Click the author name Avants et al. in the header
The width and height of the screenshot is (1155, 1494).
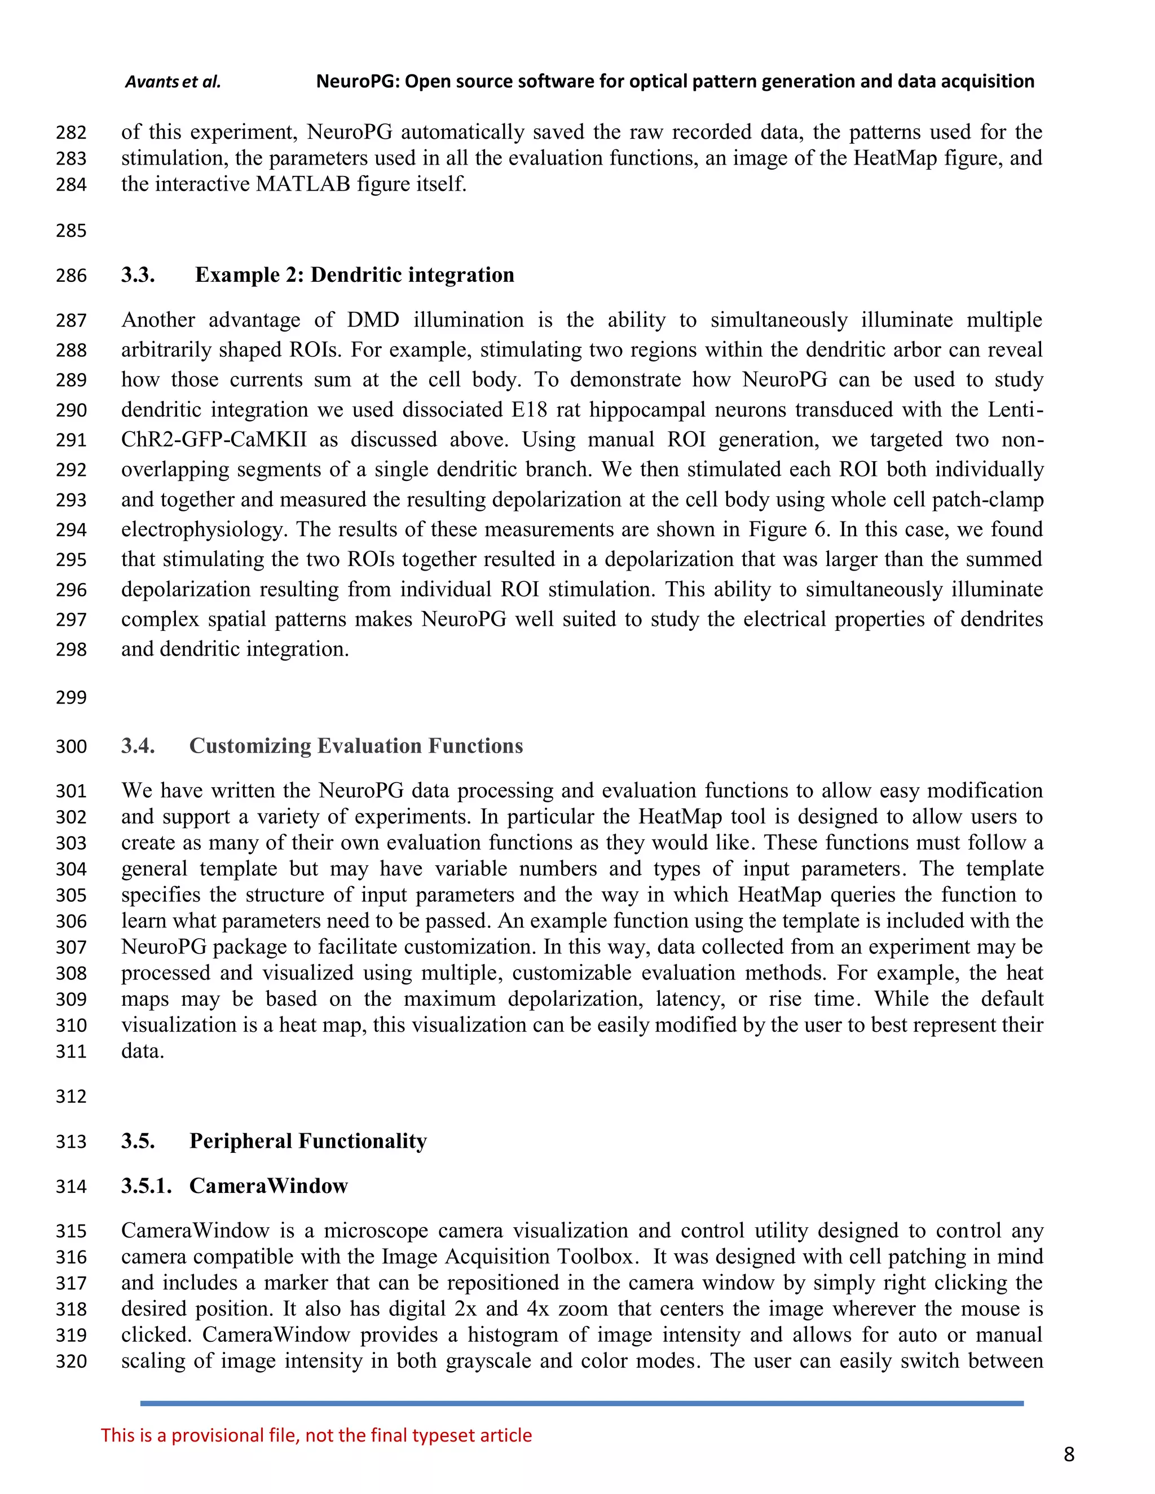pos(173,82)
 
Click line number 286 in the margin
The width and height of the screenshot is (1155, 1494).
pos(71,276)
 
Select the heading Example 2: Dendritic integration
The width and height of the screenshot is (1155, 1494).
pos(354,275)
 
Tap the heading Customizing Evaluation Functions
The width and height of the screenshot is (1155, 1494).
pos(356,746)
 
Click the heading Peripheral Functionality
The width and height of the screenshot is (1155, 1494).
pos(308,1141)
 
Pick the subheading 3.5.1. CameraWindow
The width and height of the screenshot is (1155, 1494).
pos(234,1186)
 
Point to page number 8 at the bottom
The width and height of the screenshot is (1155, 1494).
pos(1069,1455)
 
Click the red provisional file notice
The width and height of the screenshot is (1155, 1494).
pos(316,1435)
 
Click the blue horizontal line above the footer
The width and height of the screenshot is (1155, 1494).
pos(581,1404)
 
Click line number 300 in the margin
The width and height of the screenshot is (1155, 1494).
pos(71,746)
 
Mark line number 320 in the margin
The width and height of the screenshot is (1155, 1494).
pos(71,1362)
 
